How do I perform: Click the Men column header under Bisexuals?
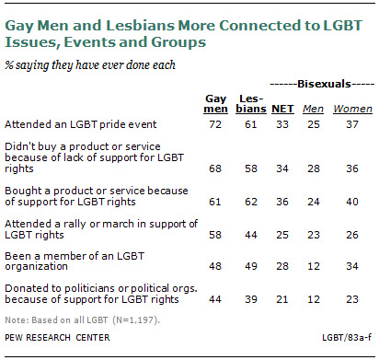pyautogui.click(x=316, y=107)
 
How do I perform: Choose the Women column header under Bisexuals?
pyautogui.click(x=350, y=107)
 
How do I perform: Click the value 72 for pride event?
pyautogui.click(x=214, y=123)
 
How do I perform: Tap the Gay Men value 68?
pyautogui.click(x=214, y=168)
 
